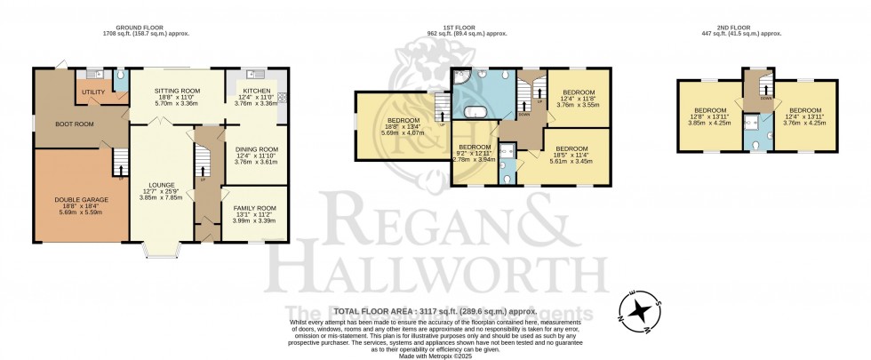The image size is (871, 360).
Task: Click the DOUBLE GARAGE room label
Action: click(x=83, y=200)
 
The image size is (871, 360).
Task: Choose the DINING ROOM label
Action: click(x=255, y=149)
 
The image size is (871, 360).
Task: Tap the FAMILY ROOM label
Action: click(x=254, y=208)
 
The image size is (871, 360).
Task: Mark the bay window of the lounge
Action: click(x=160, y=251)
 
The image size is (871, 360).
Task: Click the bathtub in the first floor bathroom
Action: click(x=471, y=112)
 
